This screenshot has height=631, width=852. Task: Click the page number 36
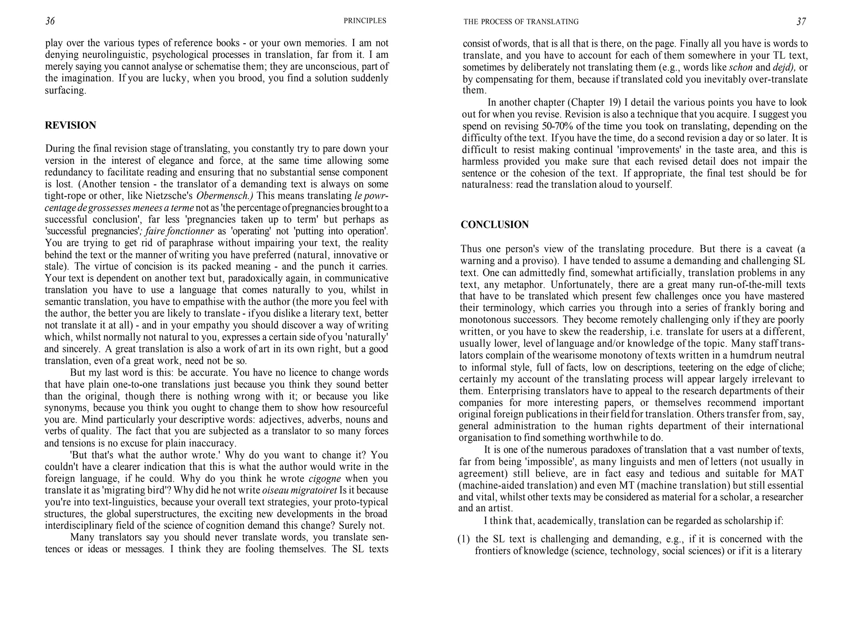[x=50, y=21]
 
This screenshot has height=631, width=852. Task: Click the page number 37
[x=801, y=22]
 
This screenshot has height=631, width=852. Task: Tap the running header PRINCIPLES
[x=365, y=21]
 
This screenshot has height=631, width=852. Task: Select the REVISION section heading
[x=70, y=125]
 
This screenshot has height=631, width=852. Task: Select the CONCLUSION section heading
[x=495, y=225]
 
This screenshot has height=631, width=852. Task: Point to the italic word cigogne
[x=325, y=478]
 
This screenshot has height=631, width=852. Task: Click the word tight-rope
[x=66, y=196]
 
